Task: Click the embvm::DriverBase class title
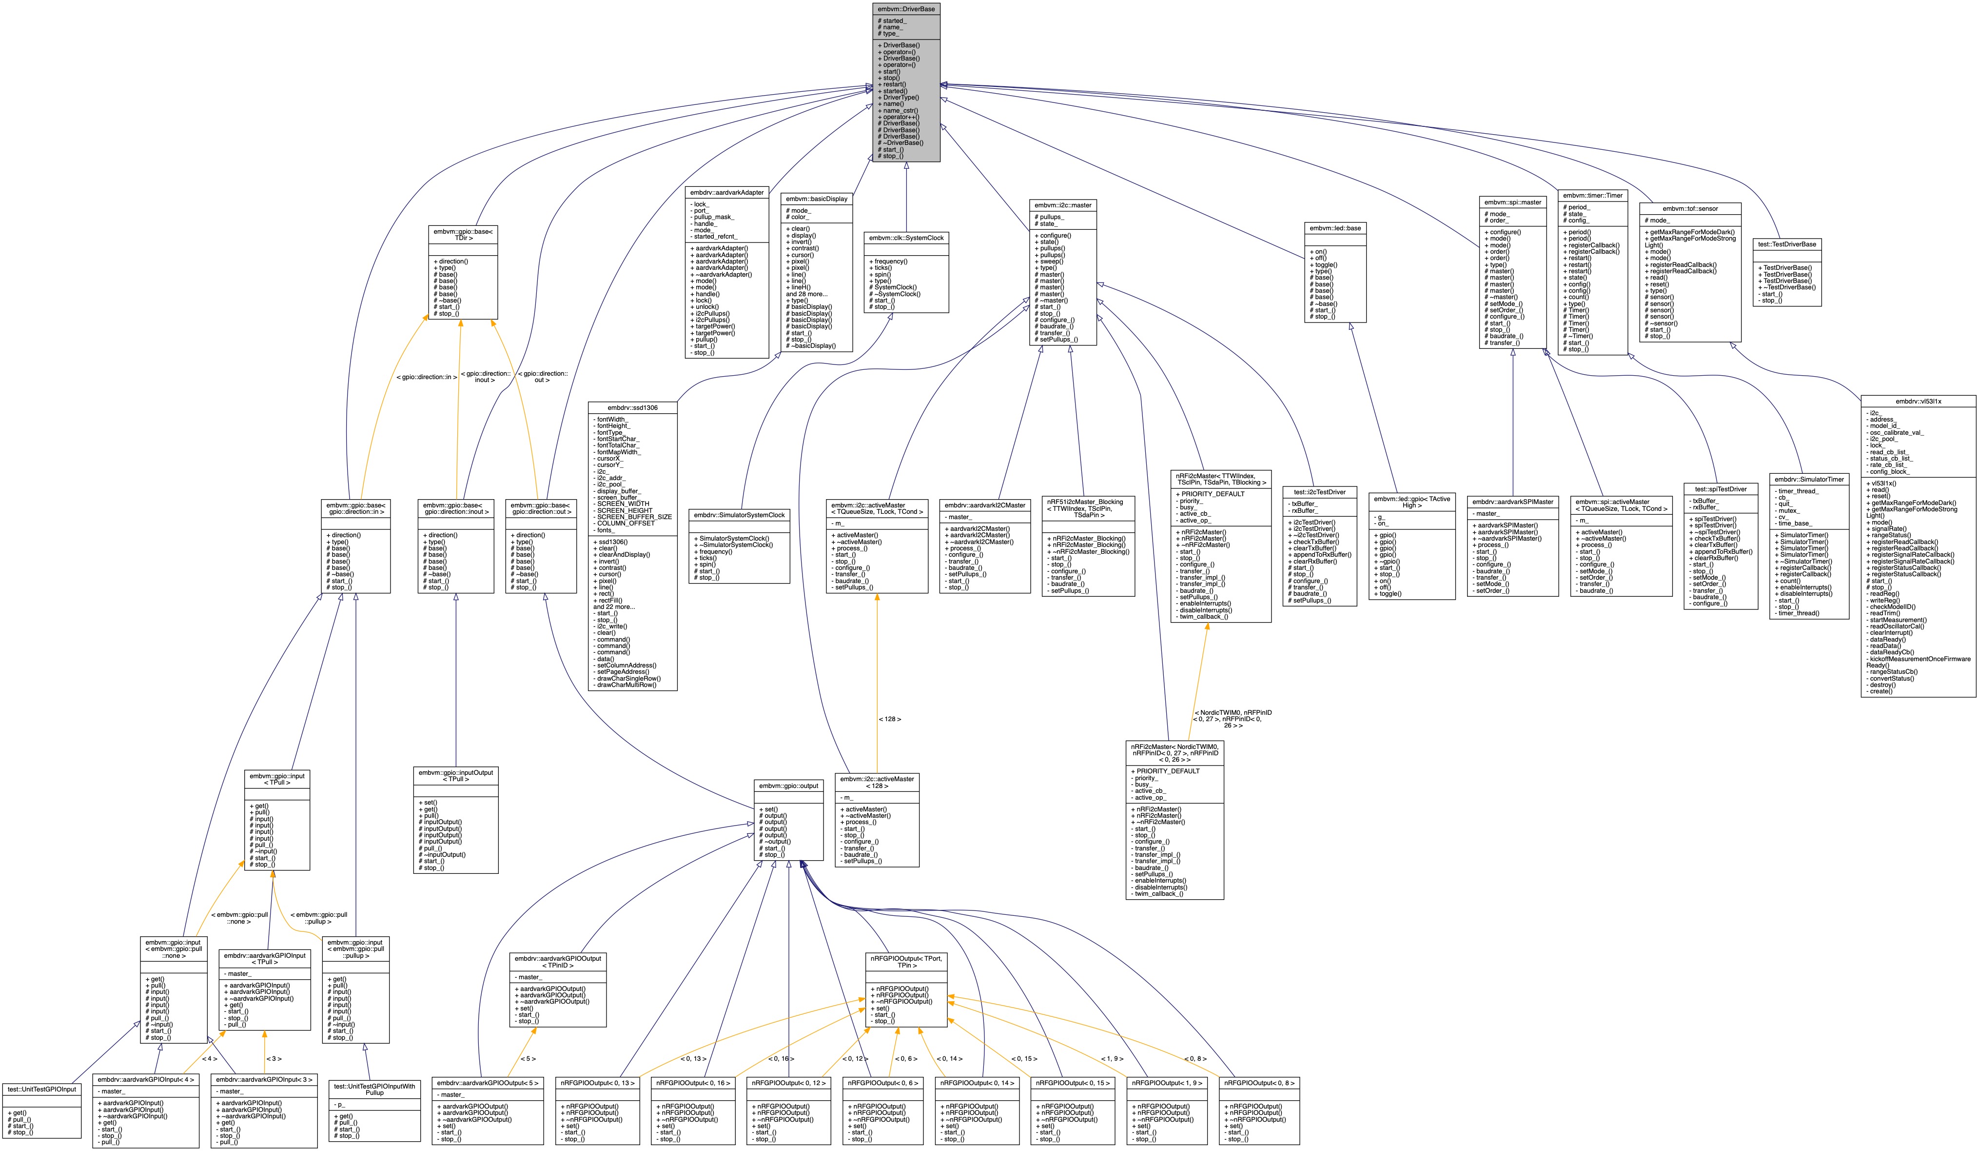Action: (x=906, y=9)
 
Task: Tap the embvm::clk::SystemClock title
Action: (x=906, y=237)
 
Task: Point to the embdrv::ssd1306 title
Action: (x=632, y=408)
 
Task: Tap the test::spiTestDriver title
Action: (x=1720, y=489)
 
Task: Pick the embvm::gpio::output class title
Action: (x=788, y=786)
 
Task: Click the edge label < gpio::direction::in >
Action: (x=427, y=377)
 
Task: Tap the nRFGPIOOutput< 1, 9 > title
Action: (x=1167, y=1083)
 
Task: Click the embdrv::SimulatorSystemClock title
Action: (x=739, y=515)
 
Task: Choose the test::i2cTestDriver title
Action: (x=1319, y=492)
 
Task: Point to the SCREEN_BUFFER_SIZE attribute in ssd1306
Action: (x=634, y=517)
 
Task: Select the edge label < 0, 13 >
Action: (x=693, y=1058)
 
